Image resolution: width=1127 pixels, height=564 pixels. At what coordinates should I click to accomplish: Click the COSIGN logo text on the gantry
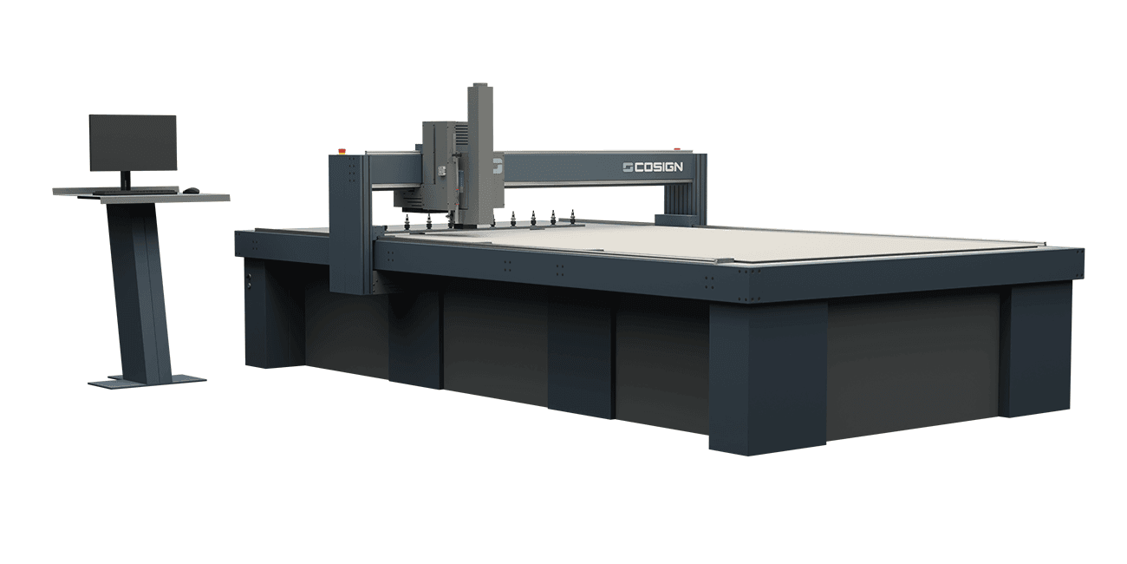659,167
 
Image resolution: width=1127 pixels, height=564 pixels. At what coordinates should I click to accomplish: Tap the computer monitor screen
133,143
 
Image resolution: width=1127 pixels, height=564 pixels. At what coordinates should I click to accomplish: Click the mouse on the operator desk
191,190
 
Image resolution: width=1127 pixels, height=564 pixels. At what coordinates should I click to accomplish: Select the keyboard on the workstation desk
136,192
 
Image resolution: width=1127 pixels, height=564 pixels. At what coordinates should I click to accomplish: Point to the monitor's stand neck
126,180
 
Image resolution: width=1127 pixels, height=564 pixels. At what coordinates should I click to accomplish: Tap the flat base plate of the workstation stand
147,381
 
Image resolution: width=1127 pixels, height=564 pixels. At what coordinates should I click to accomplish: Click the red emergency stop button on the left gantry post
343,150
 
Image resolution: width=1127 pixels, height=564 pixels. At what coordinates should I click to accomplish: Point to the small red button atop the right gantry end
677,149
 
